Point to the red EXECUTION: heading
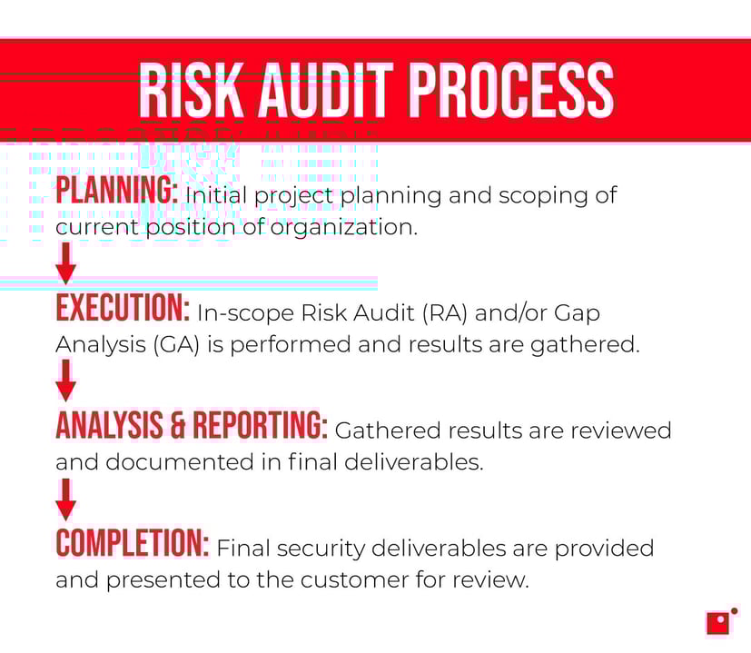[x=123, y=310]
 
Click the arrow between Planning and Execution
[x=65, y=264]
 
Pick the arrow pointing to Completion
[x=65, y=499]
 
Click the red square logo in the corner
[x=718, y=622]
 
